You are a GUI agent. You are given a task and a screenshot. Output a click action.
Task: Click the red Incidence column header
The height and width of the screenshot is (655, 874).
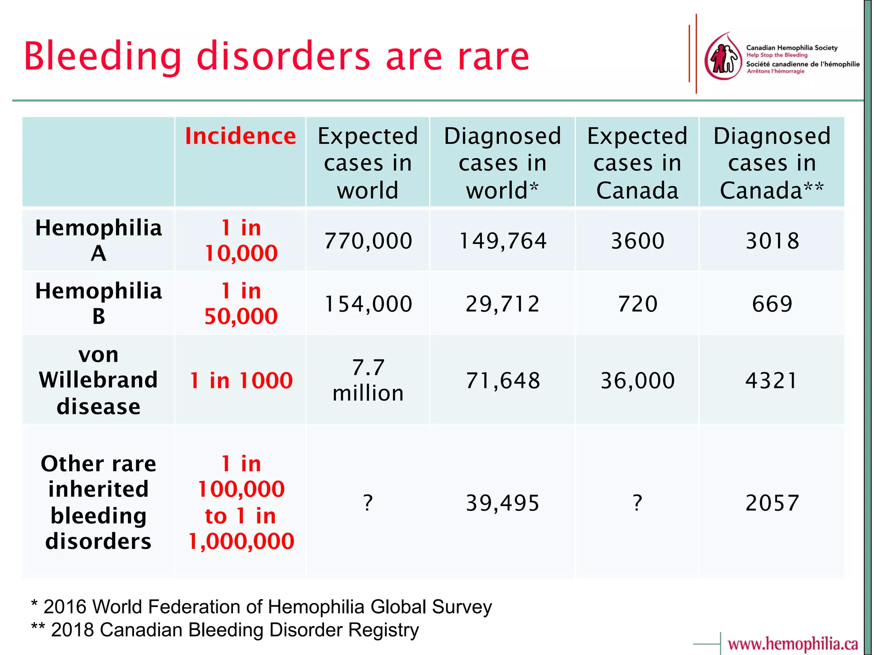tap(240, 136)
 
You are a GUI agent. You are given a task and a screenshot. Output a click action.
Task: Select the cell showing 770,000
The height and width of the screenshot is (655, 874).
tap(368, 241)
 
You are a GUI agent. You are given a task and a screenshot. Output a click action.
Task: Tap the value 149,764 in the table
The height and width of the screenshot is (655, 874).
tap(502, 241)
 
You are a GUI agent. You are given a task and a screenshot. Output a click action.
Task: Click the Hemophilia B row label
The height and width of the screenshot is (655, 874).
tap(99, 303)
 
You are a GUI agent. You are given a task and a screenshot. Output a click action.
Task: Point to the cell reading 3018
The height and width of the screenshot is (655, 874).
tap(772, 241)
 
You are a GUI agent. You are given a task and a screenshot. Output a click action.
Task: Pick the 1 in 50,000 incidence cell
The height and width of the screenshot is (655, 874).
tap(241, 303)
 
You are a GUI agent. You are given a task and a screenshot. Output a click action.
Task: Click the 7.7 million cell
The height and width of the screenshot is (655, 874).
tap(368, 380)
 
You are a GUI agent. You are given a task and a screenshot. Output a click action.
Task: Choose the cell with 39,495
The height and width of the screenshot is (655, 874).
tap(502, 503)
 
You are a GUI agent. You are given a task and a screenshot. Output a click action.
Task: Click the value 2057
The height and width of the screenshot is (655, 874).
tap(772, 503)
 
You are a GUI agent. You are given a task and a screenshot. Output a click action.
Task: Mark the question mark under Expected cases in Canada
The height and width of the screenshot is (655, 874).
tap(637, 503)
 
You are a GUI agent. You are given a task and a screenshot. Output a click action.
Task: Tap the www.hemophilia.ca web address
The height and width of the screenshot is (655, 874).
tap(792, 643)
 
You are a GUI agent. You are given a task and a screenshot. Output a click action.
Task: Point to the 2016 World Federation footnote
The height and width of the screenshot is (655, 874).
tap(262, 606)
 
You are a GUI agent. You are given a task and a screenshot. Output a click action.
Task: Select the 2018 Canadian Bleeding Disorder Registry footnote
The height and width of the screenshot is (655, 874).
tap(225, 630)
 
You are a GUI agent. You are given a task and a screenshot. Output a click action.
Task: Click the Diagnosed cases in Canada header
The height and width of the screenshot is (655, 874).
tap(772, 163)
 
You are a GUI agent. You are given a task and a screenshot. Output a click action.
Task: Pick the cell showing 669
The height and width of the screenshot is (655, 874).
tap(772, 303)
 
